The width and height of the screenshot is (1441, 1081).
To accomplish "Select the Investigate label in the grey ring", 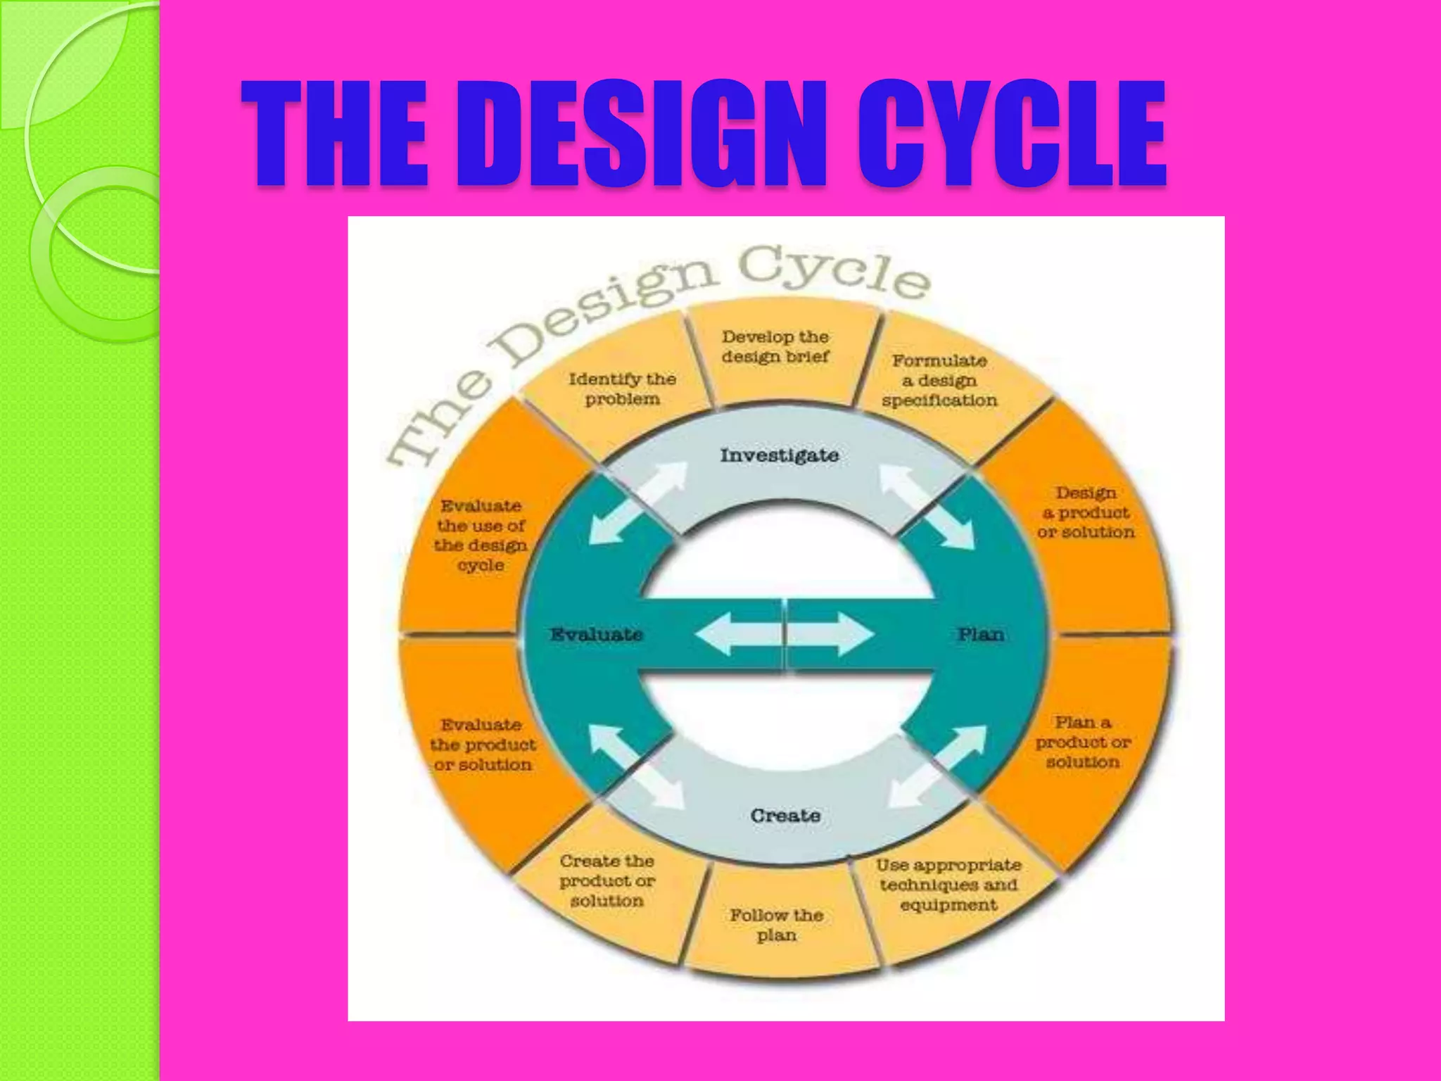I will (x=779, y=455).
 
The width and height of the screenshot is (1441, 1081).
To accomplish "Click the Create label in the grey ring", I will (x=785, y=816).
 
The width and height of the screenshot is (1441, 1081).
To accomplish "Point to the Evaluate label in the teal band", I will (x=596, y=635).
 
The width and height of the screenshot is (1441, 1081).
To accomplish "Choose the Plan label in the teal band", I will (x=981, y=635).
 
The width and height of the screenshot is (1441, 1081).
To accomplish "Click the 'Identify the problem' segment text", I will (x=622, y=389).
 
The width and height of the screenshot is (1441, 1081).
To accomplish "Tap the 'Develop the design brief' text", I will (x=775, y=347).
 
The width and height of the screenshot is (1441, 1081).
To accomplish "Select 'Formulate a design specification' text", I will (x=939, y=381).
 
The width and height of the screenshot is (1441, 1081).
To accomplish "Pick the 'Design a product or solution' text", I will (x=1086, y=513).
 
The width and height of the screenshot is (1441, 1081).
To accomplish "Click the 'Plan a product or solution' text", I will (x=1083, y=742).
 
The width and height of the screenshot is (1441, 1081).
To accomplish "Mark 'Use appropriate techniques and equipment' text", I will (x=948, y=885).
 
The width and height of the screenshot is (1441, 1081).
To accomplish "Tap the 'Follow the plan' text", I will (x=776, y=925).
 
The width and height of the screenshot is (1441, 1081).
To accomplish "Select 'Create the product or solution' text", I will (x=607, y=881).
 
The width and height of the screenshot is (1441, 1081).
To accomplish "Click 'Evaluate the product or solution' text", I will (x=483, y=745).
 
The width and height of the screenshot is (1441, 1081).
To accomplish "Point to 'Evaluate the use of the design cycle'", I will (x=481, y=536).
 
